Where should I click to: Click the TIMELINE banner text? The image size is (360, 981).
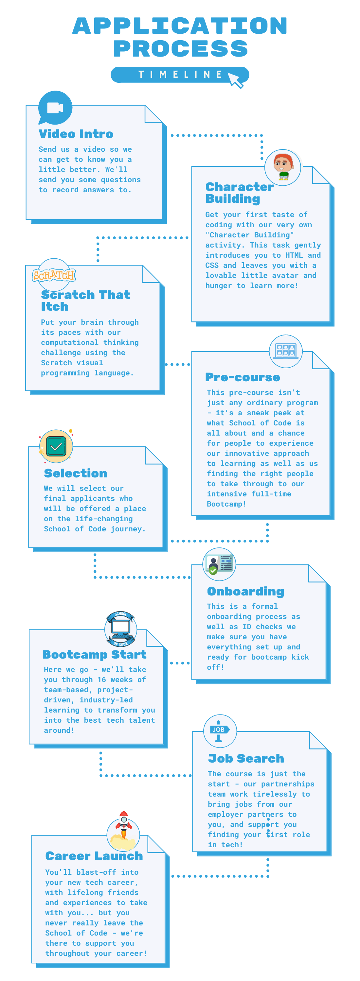coord(180,74)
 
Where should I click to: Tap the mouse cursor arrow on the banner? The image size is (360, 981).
coord(235,79)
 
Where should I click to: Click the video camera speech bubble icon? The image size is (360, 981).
coord(55,108)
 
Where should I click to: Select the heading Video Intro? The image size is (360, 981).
coord(76,134)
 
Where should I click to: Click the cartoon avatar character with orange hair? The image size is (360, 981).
coord(283,167)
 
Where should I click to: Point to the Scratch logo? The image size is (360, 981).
coord(54,275)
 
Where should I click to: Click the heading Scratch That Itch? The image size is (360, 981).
coord(86,300)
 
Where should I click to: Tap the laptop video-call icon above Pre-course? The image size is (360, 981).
coord(286,351)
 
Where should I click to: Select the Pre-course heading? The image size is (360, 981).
coord(243,377)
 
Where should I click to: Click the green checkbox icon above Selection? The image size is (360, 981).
coord(56,446)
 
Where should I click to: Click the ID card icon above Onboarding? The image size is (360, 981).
coord(219,564)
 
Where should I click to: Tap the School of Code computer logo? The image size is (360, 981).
coord(121,629)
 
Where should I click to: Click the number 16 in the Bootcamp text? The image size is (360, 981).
coord(102,680)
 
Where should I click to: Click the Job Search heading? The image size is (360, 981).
coord(246,758)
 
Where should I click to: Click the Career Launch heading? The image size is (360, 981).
coord(94,856)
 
